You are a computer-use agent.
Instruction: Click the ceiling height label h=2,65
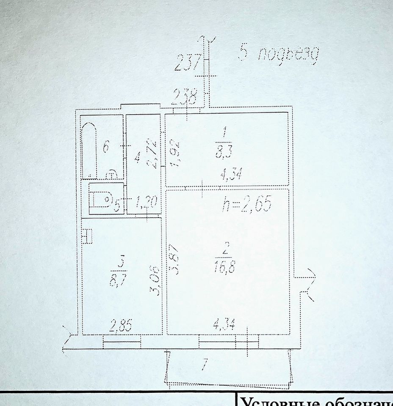pos(246,205)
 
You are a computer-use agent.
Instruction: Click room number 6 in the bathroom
pos(106,147)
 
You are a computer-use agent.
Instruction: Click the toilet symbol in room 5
pos(100,200)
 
